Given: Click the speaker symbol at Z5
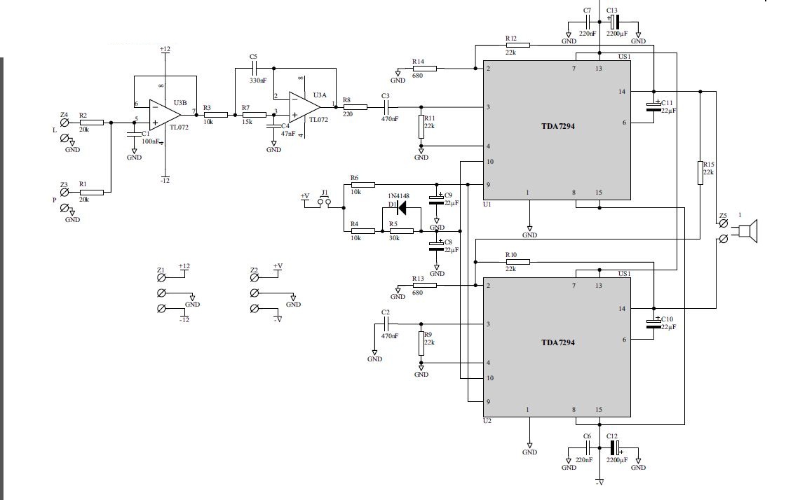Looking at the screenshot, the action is point(749,231).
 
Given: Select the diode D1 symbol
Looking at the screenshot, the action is point(402,207).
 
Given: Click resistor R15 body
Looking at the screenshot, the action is point(700,173).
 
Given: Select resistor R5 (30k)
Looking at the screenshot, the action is point(402,231).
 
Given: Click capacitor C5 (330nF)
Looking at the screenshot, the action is point(255,68).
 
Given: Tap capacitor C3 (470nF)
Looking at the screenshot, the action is point(386,107).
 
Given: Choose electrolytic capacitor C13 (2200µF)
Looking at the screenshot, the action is point(614,22).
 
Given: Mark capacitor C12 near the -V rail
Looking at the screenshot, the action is point(614,447).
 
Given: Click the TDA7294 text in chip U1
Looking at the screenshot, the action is point(558,126).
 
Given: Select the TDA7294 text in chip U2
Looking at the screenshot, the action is point(558,342).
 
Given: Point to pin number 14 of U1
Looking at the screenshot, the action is point(621,92).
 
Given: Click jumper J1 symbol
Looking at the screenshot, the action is point(324,202).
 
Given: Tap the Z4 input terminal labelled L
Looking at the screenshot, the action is point(65,123).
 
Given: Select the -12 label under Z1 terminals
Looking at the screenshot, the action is point(184,320).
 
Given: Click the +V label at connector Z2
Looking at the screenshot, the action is point(278,266).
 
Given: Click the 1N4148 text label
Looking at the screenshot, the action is point(398,196).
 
